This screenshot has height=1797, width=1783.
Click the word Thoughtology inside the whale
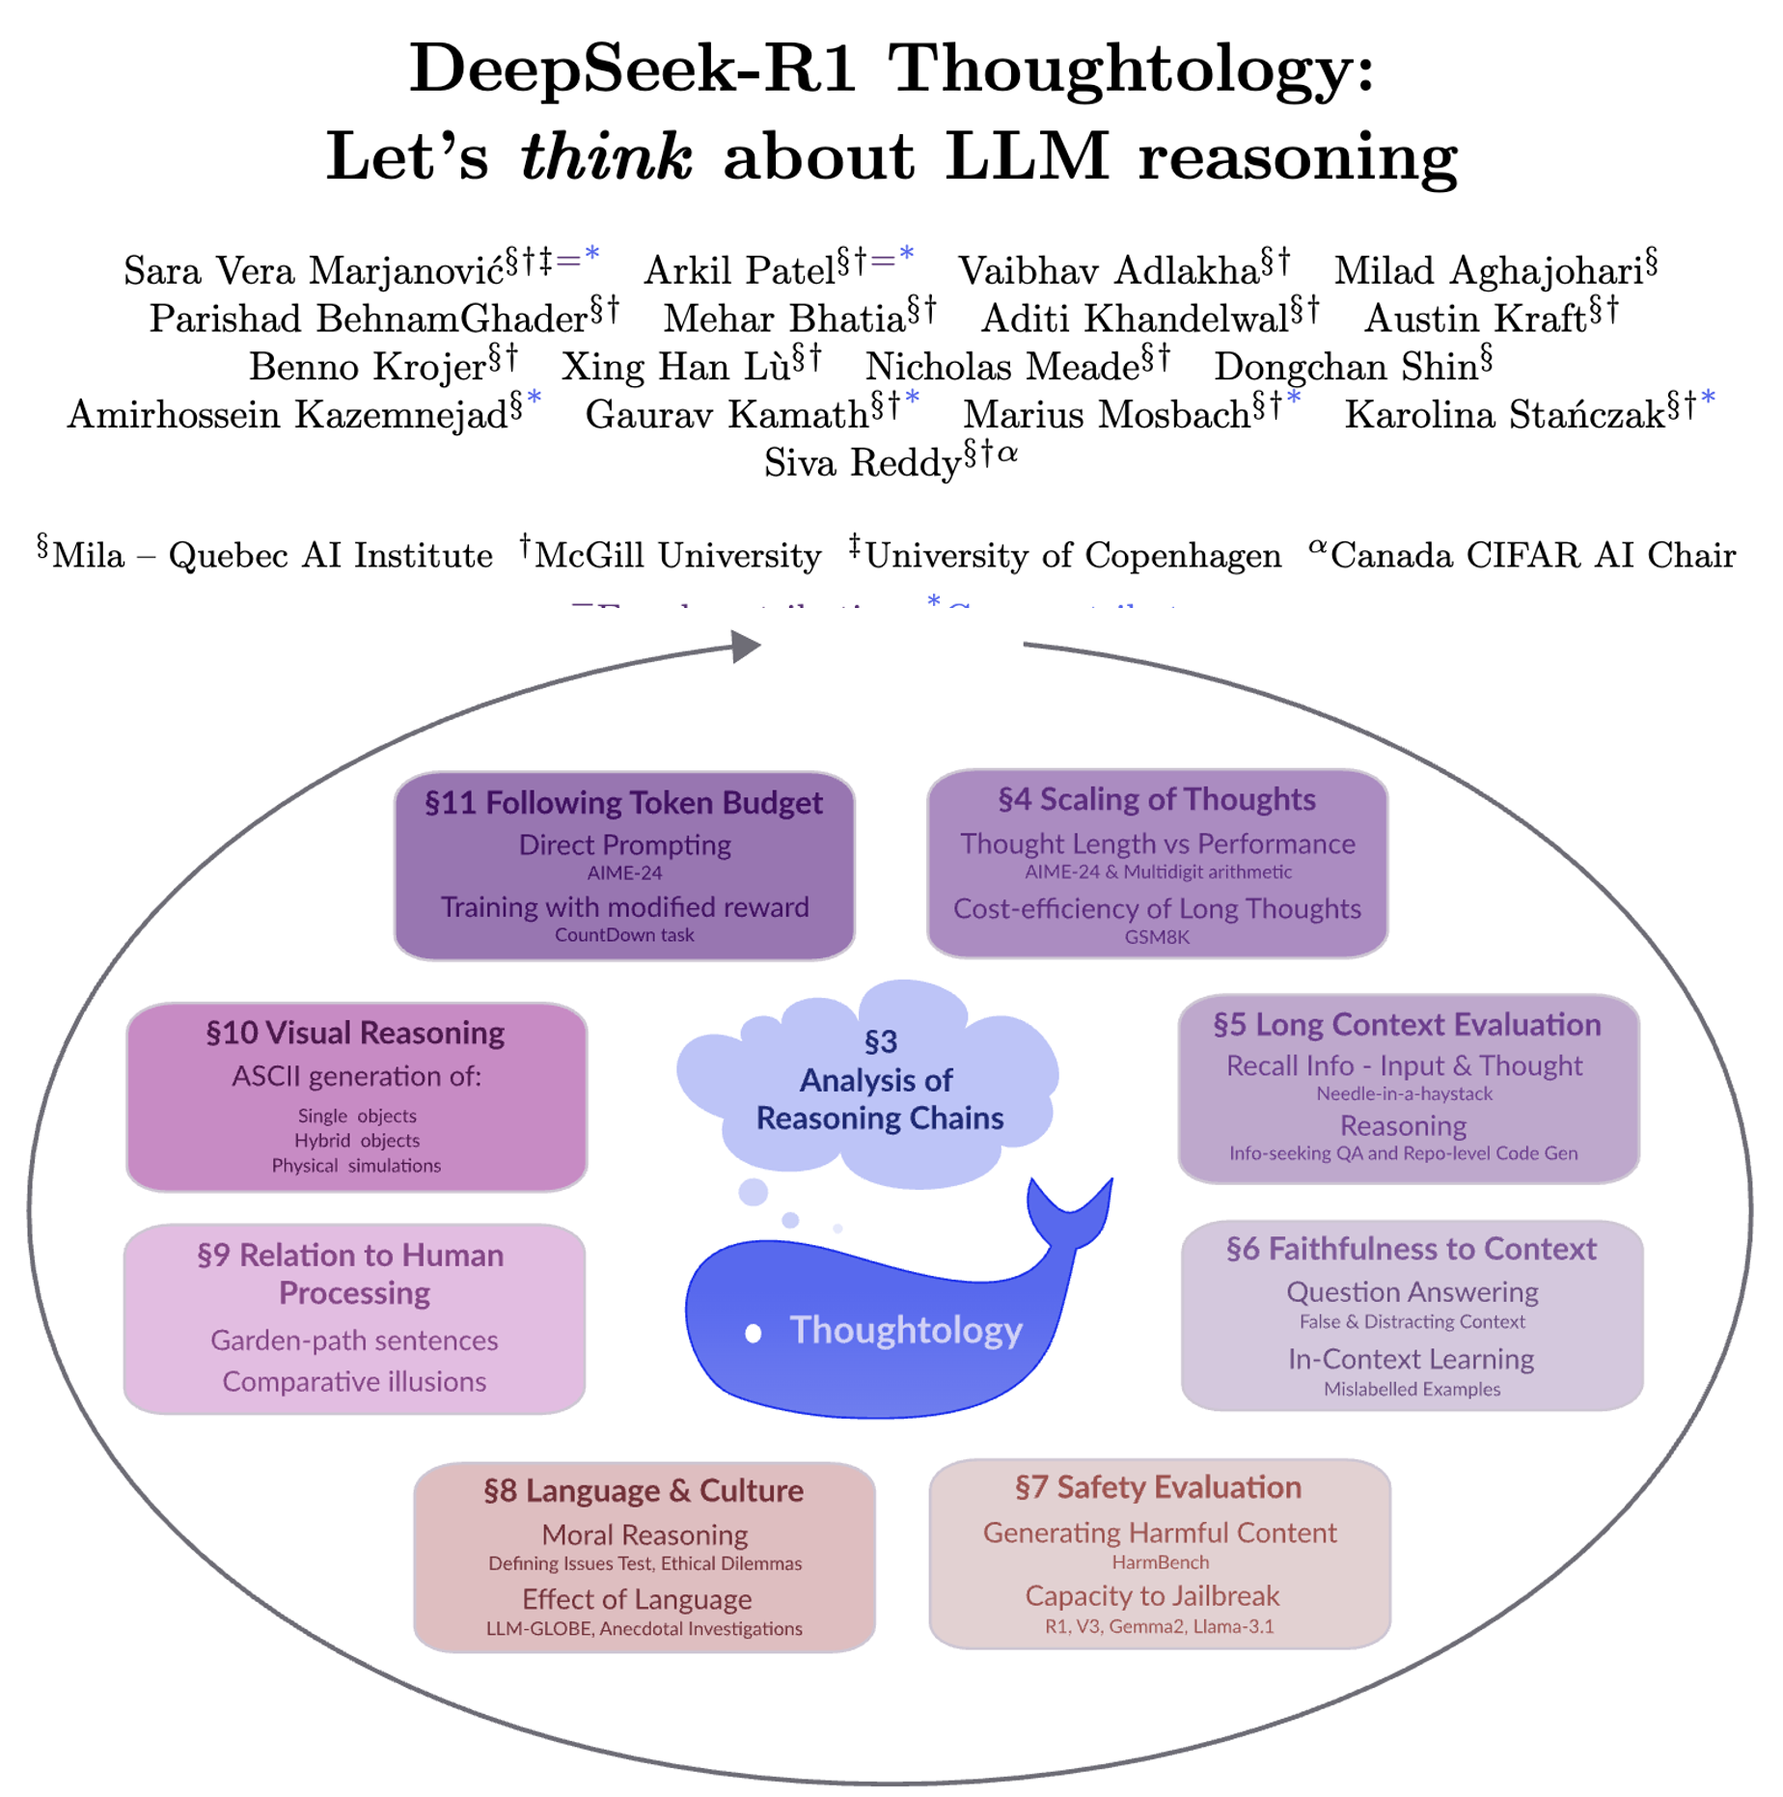pyautogui.click(x=905, y=1330)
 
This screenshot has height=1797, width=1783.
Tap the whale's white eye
pyautogui.click(x=754, y=1333)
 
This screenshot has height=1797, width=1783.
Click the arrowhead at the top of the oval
pyautogui.click(x=744, y=647)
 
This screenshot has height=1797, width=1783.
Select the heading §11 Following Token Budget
pyautogui.click(x=623, y=803)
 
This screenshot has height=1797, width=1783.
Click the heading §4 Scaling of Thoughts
pyautogui.click(x=1156, y=799)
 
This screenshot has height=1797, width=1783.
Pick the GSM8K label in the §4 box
pyautogui.click(x=1156, y=936)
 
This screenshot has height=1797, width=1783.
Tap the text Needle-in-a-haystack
pyautogui.click(x=1404, y=1093)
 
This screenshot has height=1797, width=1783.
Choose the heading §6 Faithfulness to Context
pyautogui.click(x=1411, y=1249)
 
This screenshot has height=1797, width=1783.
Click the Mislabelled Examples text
pyautogui.click(x=1412, y=1389)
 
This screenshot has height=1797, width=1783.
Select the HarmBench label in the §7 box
pyautogui.click(x=1160, y=1562)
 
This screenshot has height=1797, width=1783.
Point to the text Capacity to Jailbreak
pyautogui.click(x=1152, y=1595)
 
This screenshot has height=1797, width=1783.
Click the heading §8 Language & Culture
pyautogui.click(x=644, y=1491)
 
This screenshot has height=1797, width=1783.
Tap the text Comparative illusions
pyautogui.click(x=354, y=1381)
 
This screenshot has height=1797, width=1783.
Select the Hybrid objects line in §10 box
pyautogui.click(x=357, y=1140)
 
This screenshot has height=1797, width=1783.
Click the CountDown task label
pyautogui.click(x=623, y=934)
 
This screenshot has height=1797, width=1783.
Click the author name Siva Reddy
pyautogui.click(x=862, y=463)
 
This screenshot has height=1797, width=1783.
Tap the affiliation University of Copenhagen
pyautogui.click(x=1073, y=556)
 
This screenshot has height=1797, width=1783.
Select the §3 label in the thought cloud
pyautogui.click(x=880, y=1041)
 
